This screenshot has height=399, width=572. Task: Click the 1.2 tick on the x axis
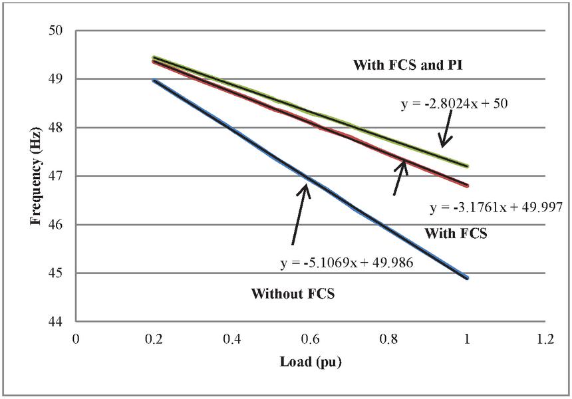(545, 338)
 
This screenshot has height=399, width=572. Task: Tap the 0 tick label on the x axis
(76, 338)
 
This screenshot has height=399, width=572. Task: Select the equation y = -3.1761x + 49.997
(497, 208)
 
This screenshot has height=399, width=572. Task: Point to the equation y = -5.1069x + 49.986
(347, 263)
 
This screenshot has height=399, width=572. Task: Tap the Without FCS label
(293, 293)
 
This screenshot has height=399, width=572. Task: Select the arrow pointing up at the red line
(398, 177)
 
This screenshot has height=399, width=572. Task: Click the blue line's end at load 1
(467, 277)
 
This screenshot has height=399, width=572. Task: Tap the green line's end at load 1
(467, 166)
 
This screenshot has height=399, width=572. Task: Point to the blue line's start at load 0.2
(154, 80)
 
